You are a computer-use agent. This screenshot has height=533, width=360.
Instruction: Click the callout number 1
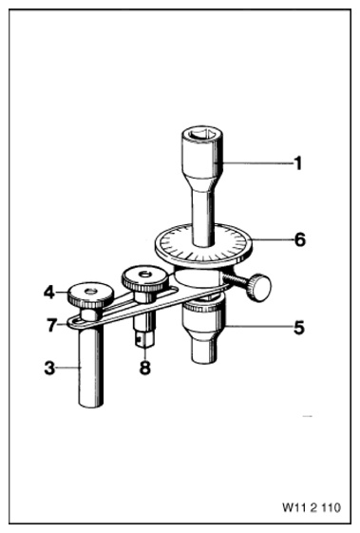click(x=298, y=163)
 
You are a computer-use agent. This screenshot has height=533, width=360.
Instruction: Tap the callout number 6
click(x=300, y=240)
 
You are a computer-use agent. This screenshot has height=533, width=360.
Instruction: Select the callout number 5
click(x=299, y=328)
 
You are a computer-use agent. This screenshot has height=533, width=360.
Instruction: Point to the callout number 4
click(x=49, y=292)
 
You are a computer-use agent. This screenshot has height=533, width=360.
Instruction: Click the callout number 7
click(x=51, y=325)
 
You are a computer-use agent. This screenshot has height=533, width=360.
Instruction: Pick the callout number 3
click(x=49, y=368)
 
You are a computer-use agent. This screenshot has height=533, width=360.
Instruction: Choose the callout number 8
click(x=145, y=368)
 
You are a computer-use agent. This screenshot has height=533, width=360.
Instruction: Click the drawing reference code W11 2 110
click(x=311, y=508)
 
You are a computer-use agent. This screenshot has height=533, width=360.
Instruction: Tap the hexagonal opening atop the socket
click(x=202, y=134)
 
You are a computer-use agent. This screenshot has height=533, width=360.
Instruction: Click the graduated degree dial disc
click(x=203, y=246)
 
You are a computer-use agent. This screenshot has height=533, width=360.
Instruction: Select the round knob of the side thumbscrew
click(x=260, y=287)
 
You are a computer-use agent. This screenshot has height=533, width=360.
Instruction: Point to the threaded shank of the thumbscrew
click(x=237, y=281)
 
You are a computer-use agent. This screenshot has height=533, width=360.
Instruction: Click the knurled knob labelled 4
click(x=90, y=294)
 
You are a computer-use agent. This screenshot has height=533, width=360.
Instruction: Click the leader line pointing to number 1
click(x=257, y=163)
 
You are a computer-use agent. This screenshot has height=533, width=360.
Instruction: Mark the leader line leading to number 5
click(x=259, y=328)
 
